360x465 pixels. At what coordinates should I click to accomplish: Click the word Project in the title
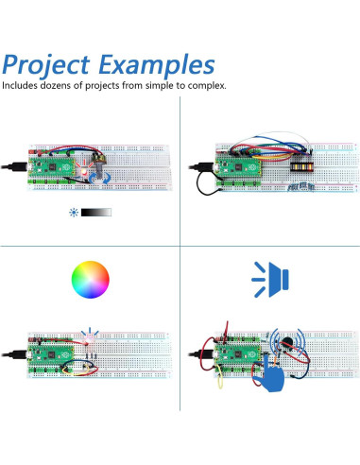[46, 65]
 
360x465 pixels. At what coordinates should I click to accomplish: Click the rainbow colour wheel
[90, 279]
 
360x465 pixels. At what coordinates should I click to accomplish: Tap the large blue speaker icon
[271, 278]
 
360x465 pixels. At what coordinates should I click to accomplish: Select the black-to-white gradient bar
[97, 213]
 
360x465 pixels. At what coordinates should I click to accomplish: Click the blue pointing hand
[273, 376]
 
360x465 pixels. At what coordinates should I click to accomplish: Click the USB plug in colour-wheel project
[20, 354]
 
